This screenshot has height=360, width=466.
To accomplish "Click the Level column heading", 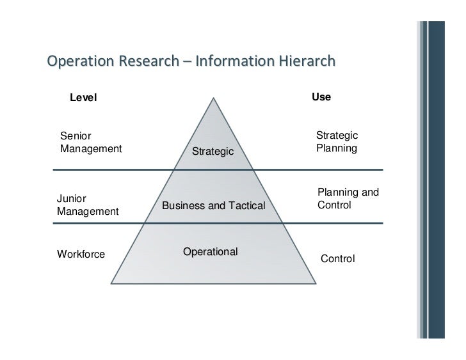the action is [x=83, y=98].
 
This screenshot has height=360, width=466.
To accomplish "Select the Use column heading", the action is [x=321, y=97].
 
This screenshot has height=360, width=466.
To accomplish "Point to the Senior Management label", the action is [x=90, y=142].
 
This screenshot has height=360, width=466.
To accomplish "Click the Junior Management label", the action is [x=88, y=205].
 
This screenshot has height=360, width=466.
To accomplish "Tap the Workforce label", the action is [x=81, y=254].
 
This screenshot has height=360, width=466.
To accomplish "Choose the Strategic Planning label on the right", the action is [x=337, y=142].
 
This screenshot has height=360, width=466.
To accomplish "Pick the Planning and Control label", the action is [x=348, y=199].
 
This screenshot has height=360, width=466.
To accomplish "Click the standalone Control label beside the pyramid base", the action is [x=337, y=259].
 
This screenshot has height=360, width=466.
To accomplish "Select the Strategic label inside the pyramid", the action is [x=214, y=152].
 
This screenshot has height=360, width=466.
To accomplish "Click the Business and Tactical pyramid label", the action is [x=213, y=205].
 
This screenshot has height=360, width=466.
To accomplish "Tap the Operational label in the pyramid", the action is [x=210, y=251].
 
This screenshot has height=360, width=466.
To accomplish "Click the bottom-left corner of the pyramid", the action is [x=112, y=283].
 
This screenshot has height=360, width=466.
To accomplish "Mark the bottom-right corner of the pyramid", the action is [x=314, y=283].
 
